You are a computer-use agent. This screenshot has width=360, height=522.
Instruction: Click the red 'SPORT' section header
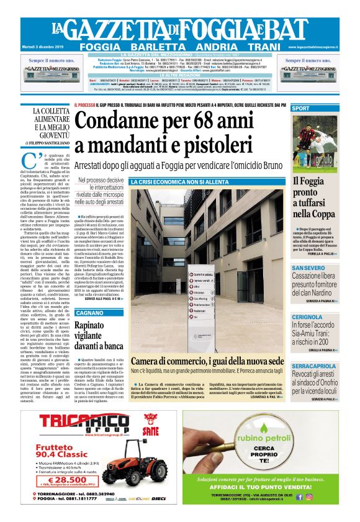tap(302, 109)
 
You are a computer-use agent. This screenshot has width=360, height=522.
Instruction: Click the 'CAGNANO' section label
tap(87, 313)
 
